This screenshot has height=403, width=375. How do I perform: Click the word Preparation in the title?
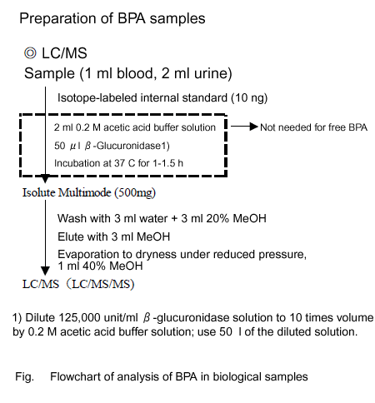click(66, 19)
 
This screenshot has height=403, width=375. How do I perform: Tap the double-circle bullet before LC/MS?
click(30, 53)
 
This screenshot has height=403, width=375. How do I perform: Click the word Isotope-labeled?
click(97, 98)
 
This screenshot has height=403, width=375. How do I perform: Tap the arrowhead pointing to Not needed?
click(254, 127)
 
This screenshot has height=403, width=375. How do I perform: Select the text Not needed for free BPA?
click(313, 127)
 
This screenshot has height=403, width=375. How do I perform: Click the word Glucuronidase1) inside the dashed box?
click(132, 146)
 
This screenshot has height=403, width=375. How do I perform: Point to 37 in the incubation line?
click(119, 163)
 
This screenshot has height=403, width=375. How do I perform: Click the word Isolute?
click(39, 192)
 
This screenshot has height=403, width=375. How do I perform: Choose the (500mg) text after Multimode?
click(135, 193)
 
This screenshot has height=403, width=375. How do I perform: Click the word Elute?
click(71, 236)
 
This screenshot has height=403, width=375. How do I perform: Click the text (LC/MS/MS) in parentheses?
click(102, 284)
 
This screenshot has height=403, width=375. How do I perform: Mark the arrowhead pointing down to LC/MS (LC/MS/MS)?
click(45, 271)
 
